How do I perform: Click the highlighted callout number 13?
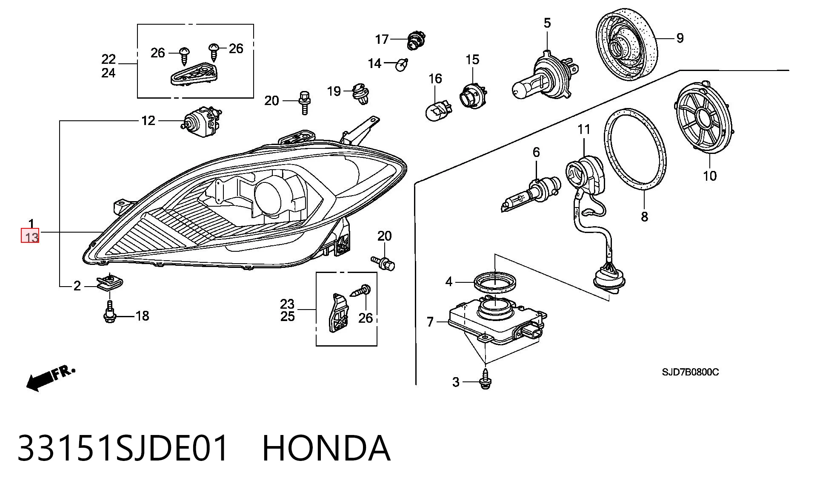pos(30,236)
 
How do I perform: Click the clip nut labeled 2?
pos(109,282)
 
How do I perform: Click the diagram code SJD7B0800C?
pos(690,372)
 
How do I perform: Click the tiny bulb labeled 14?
pos(402,65)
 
